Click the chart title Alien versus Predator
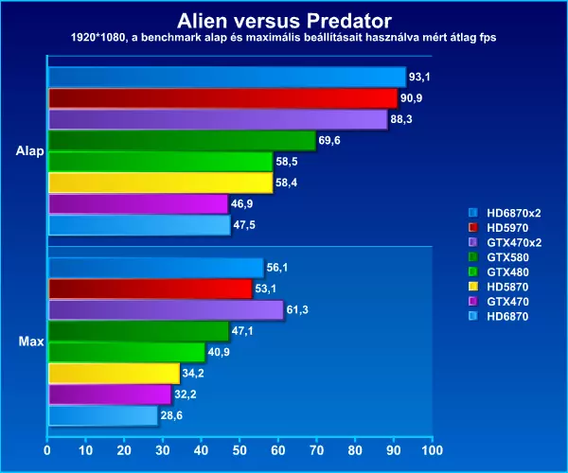pos(284,21)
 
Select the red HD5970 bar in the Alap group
pos(223,98)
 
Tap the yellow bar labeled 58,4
pos(161,183)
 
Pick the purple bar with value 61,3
pos(166,310)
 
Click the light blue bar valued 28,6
pos(103,416)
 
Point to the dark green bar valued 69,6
pos(182,140)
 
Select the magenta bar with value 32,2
pos(110,394)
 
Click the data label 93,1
pos(419,77)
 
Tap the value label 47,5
pos(244,225)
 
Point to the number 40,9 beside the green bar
pos(219,352)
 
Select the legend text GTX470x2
pos(514,242)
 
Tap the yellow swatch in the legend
pos(473,287)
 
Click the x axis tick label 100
pos(433,450)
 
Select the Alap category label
pos(29,151)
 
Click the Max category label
pos(31,342)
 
